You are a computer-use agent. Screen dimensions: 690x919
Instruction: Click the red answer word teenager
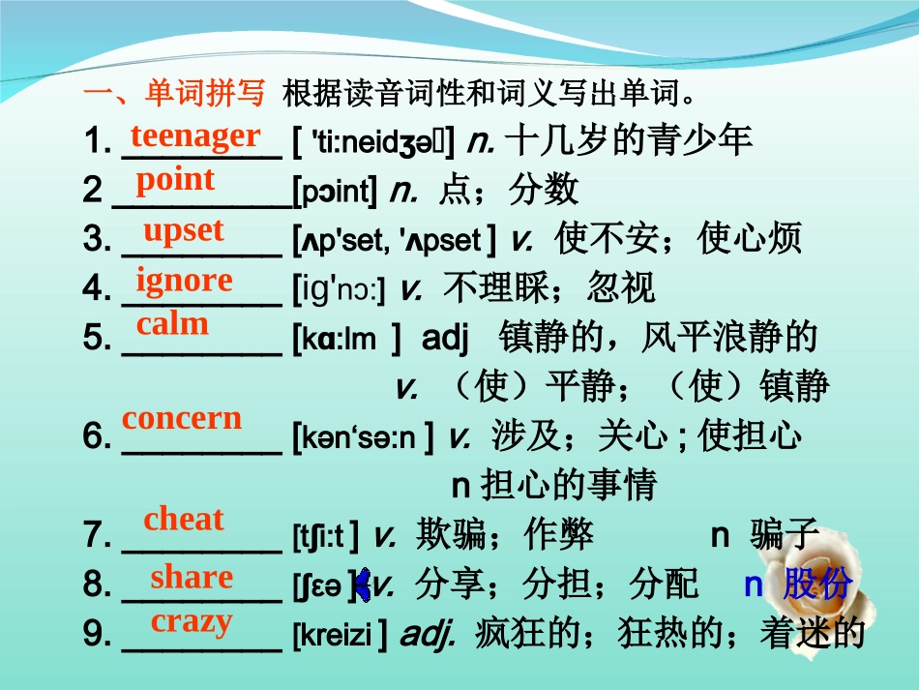point(195,135)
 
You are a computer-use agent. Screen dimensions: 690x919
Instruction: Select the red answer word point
point(175,179)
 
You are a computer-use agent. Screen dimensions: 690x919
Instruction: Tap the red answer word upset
point(183,230)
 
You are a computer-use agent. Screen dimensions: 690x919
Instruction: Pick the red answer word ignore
point(184,280)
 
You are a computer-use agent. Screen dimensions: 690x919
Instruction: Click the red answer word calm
point(172,323)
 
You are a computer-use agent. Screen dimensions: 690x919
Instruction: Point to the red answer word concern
point(182,418)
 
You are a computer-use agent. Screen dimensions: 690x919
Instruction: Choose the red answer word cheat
point(183,519)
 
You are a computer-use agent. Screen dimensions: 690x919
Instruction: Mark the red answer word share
point(192,577)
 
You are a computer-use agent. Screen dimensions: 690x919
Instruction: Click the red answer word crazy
point(192,621)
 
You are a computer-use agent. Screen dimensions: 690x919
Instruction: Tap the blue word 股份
point(817,585)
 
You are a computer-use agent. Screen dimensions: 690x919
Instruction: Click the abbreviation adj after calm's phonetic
point(445,339)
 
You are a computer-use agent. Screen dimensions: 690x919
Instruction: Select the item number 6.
point(96,437)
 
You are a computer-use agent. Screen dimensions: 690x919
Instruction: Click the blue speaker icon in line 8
point(363,584)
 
